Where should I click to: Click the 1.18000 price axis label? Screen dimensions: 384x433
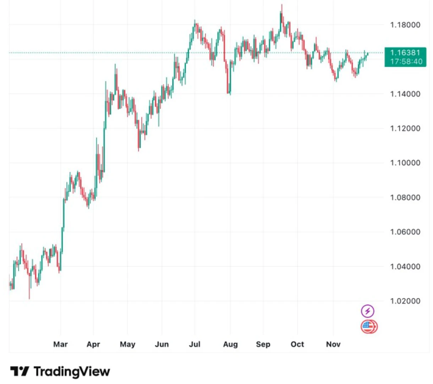pyautogui.click(x=405, y=25)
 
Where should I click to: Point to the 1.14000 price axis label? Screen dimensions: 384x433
pyautogui.click(x=405, y=94)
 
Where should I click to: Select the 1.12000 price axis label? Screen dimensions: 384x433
pyautogui.click(x=405, y=128)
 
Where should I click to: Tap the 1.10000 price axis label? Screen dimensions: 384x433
pyautogui.click(x=405, y=163)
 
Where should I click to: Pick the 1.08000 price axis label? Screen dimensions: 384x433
pyautogui.click(x=405, y=197)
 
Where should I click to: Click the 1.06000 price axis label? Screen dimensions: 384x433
pyautogui.click(x=405, y=232)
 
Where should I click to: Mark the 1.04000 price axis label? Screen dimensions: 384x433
pyautogui.click(x=405, y=267)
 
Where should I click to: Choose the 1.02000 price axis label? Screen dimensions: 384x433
pyautogui.click(x=405, y=301)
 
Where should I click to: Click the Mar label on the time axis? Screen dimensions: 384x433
pyautogui.click(x=60, y=344)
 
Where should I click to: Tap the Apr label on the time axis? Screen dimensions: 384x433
pyautogui.click(x=93, y=344)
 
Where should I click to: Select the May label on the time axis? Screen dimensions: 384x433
pyautogui.click(x=127, y=344)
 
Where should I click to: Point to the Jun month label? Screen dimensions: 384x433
pyautogui.click(x=162, y=344)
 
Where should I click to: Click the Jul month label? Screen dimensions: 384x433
pyautogui.click(x=194, y=344)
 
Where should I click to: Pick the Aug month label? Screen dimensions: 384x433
pyautogui.click(x=230, y=344)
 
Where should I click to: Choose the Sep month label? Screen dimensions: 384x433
pyautogui.click(x=263, y=344)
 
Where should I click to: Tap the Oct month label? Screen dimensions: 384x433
pyautogui.click(x=297, y=344)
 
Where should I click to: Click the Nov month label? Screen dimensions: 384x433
pyautogui.click(x=333, y=344)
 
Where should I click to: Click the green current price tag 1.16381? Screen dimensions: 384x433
pyautogui.click(x=405, y=57)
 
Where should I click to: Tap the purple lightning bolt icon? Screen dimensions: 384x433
pyautogui.click(x=368, y=311)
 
